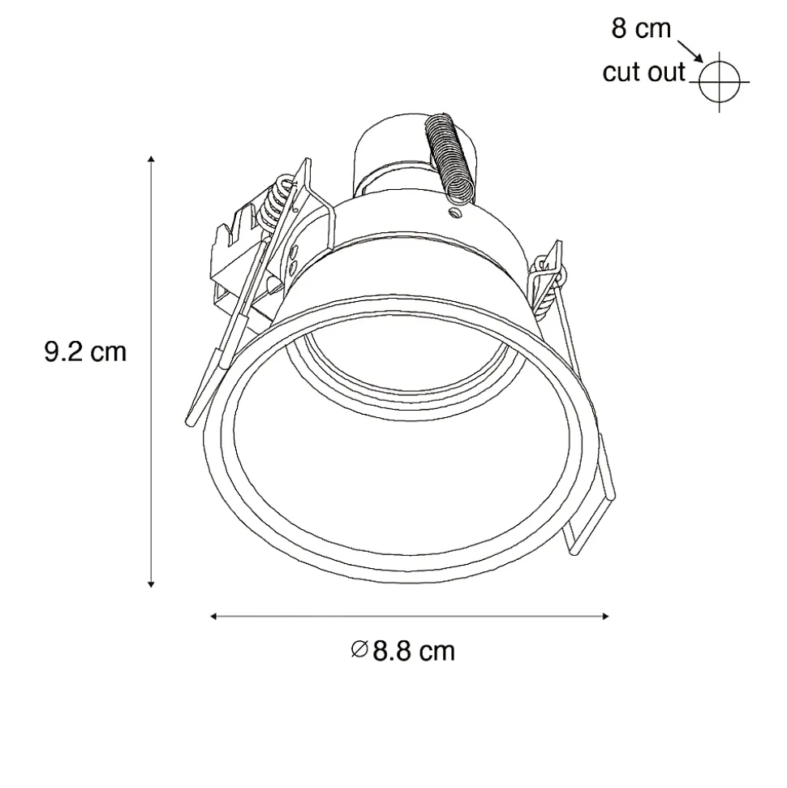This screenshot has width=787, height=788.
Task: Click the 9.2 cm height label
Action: pyautogui.click(x=85, y=351)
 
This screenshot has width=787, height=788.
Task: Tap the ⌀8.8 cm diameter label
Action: pyautogui.click(x=403, y=651)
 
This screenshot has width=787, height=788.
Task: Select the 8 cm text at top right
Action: pyautogui.click(x=641, y=28)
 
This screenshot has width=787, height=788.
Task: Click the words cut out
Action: pyautogui.click(x=643, y=72)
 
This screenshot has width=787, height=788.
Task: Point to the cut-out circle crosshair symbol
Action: pyautogui.click(x=719, y=81)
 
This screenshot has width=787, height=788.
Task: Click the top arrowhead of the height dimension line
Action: pyautogui.click(x=151, y=159)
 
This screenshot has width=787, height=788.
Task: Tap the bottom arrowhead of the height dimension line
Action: pyautogui.click(x=151, y=584)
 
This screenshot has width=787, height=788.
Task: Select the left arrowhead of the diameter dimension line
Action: pyautogui.click(x=213, y=616)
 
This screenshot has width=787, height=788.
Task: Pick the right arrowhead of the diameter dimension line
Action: pyautogui.click(x=605, y=616)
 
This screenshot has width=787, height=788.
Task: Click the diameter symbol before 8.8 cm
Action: pyautogui.click(x=359, y=649)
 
